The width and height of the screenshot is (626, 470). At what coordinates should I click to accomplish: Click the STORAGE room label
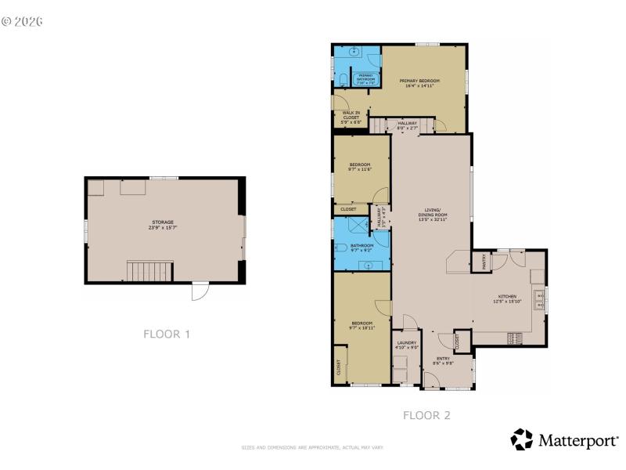click(162, 222)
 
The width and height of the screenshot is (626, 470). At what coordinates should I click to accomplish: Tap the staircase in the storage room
click(149, 272)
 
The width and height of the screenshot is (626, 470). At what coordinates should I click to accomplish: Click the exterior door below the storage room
click(200, 291)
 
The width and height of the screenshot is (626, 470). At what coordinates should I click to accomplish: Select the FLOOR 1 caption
click(167, 334)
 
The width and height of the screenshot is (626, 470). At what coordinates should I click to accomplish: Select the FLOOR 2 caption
click(426, 415)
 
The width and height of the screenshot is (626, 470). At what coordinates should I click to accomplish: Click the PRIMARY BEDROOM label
click(419, 81)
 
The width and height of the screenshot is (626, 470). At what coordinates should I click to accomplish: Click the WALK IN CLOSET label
click(351, 115)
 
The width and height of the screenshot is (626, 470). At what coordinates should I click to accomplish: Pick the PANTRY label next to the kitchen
click(483, 260)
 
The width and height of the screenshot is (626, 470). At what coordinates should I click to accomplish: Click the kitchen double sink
click(539, 298)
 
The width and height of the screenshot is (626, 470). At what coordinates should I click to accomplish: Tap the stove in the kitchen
click(514, 338)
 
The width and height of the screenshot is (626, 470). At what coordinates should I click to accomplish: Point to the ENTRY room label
click(443, 361)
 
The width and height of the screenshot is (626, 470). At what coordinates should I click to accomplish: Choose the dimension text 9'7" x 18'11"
click(362, 327)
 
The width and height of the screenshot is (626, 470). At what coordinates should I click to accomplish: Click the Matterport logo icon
click(521, 439)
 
